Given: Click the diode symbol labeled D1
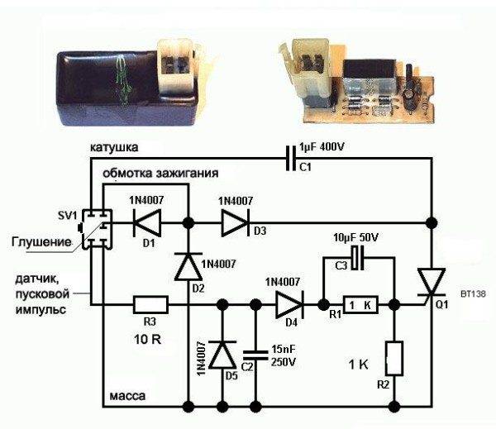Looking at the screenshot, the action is click(x=147, y=223).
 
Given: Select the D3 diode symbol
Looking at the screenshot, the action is click(x=236, y=223).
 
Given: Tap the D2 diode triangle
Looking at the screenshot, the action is click(x=188, y=266).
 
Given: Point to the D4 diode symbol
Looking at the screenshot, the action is click(x=290, y=304).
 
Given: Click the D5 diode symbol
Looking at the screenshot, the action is click(x=222, y=355).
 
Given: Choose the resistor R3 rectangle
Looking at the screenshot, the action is click(x=150, y=304).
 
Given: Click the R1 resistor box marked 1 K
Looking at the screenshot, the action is click(x=361, y=305).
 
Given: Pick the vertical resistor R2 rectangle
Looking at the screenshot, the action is click(x=394, y=359).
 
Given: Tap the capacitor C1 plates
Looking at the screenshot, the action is click(x=292, y=158).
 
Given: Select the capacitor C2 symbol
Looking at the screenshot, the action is click(x=255, y=355).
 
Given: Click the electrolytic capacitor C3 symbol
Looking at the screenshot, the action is click(x=358, y=258).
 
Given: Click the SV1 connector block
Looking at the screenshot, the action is click(x=97, y=229).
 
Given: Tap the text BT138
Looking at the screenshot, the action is click(x=473, y=294).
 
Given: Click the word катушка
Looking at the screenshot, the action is click(x=114, y=148).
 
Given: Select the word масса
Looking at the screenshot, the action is click(x=127, y=396).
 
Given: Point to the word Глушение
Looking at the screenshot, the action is click(x=41, y=242).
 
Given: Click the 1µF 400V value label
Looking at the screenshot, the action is click(x=322, y=147).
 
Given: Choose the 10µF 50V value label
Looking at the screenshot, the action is click(x=355, y=237).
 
